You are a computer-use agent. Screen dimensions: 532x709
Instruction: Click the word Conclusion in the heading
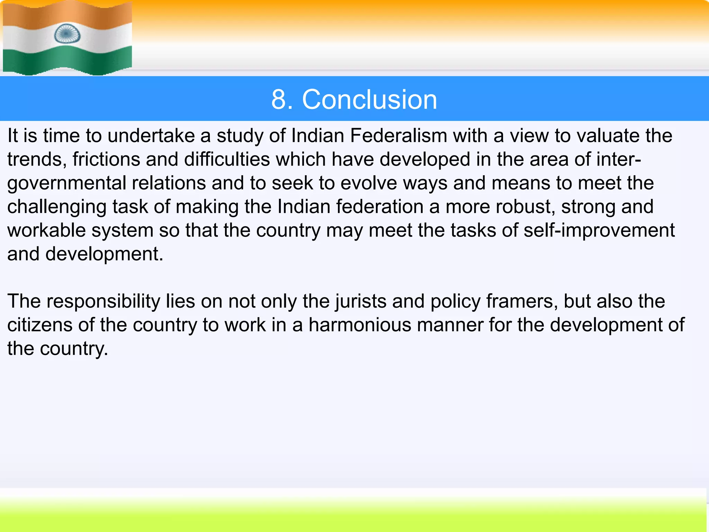point(369,99)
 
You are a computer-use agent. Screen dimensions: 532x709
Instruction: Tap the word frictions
point(106,159)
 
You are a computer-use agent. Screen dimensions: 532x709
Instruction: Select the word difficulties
point(227,159)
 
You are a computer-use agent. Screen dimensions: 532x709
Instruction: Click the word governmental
point(66,184)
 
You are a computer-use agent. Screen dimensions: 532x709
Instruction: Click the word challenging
point(57,207)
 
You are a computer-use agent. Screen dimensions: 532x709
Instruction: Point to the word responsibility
point(103,302)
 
